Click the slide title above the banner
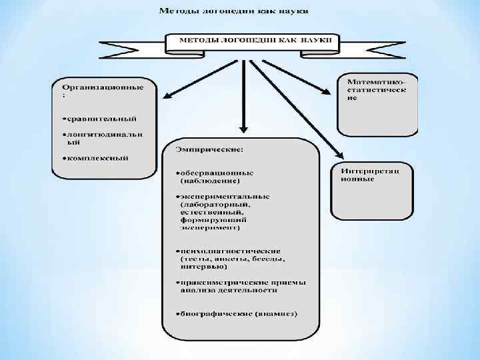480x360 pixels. click(237, 11)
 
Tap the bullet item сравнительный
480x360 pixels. click(101, 119)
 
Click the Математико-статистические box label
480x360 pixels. click(377, 89)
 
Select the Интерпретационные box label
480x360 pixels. click(370, 175)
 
